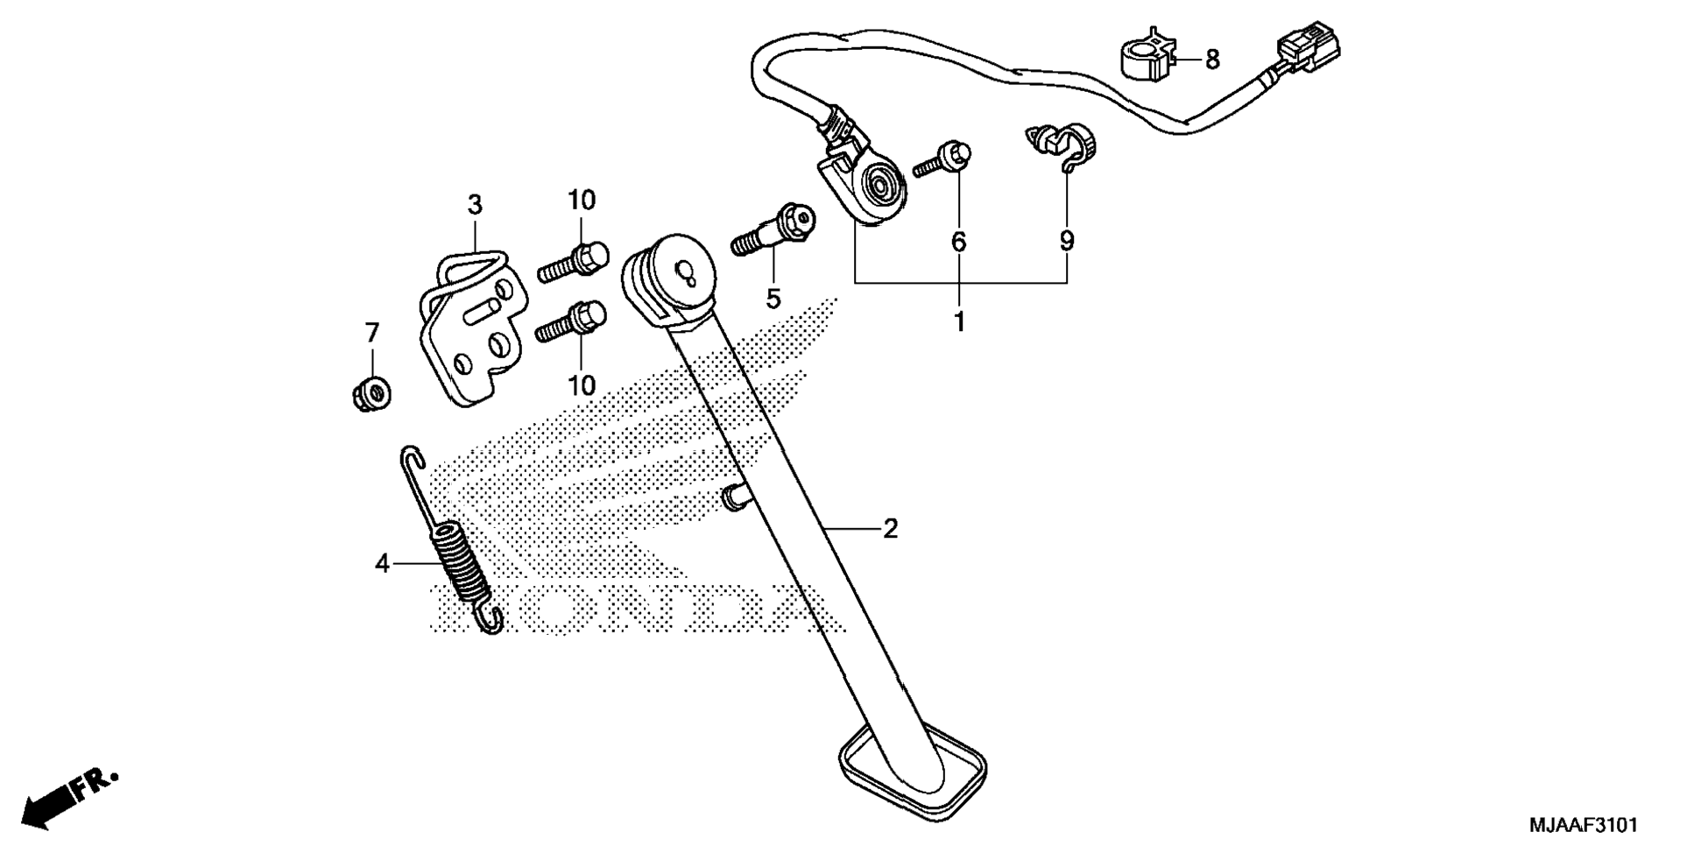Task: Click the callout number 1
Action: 959,322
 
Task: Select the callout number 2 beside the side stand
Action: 890,529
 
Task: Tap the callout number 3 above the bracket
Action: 475,206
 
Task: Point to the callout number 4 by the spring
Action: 382,564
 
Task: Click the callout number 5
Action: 773,300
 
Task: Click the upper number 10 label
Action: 580,201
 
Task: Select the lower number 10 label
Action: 582,385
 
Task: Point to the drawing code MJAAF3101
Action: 1583,825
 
